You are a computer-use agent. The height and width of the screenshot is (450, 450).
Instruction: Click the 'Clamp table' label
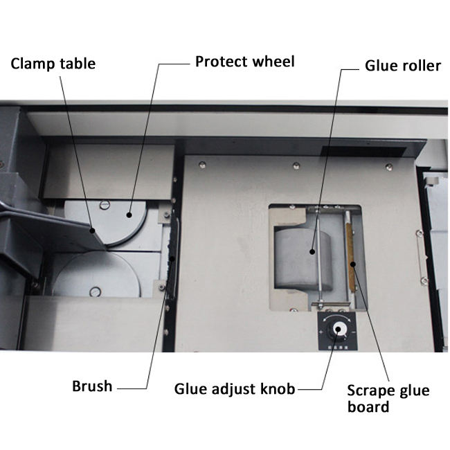pos(53,64)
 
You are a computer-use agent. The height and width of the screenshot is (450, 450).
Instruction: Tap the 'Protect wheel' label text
pos(244,61)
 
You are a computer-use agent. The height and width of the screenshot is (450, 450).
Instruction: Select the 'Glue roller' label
pos(402,66)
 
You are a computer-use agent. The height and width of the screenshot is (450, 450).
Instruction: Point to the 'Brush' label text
pos(92,386)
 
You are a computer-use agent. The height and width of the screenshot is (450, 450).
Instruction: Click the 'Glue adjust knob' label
pos(234,389)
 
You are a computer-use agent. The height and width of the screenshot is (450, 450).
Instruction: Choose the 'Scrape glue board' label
pos(388,398)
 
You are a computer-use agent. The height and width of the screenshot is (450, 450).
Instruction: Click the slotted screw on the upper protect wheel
pos(105,204)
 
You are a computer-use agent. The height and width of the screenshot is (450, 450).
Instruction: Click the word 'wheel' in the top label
pos(273,61)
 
